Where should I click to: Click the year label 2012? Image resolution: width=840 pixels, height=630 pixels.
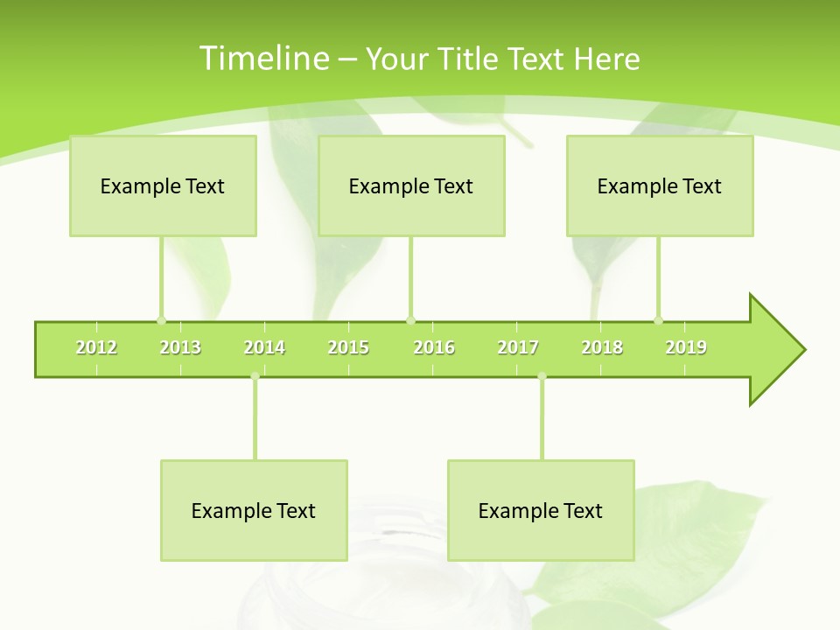click(x=96, y=347)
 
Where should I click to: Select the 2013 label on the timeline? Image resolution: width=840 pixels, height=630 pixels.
click(x=180, y=347)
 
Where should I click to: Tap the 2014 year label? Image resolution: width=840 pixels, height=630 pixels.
click(x=264, y=347)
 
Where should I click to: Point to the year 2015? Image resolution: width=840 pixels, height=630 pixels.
click(x=348, y=347)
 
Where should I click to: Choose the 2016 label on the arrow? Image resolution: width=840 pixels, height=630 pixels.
click(x=434, y=347)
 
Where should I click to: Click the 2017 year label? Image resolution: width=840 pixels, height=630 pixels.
click(x=518, y=347)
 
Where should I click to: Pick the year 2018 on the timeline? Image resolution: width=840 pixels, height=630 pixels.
click(x=602, y=347)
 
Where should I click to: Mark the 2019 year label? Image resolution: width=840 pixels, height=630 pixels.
click(x=686, y=347)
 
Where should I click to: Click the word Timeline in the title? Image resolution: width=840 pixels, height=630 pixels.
click(x=263, y=59)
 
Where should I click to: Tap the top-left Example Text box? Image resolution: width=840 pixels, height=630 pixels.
click(x=163, y=185)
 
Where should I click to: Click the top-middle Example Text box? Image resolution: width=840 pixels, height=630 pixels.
click(x=411, y=185)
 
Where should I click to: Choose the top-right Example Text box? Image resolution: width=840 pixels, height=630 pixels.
click(x=660, y=185)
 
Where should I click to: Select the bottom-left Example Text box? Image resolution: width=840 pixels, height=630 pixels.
click(x=254, y=510)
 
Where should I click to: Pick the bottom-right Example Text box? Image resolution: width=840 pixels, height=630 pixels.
click(x=541, y=510)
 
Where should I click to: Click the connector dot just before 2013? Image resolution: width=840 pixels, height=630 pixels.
click(x=161, y=320)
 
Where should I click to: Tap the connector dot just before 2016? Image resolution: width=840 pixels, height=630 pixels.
click(x=410, y=320)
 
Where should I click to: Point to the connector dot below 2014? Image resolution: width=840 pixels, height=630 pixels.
click(x=255, y=377)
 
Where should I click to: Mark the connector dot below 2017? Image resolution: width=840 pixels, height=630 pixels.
click(x=542, y=377)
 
